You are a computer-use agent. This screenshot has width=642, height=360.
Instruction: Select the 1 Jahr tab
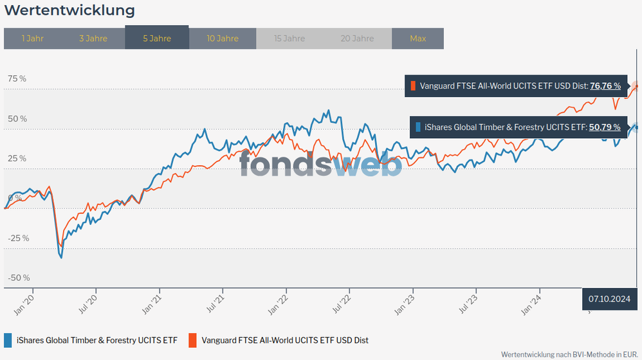(32, 38)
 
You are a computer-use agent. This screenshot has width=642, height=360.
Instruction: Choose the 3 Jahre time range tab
(93, 38)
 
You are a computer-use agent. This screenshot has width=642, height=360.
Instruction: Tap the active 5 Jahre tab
(156, 38)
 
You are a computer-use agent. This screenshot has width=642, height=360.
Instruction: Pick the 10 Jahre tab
(223, 38)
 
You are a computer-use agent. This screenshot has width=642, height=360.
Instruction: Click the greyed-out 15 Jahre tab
(289, 38)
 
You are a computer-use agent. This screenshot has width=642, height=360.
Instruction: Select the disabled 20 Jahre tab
(357, 38)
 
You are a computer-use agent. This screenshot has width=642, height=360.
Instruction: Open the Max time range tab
(417, 38)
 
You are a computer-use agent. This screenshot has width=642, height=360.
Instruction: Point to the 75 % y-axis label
(17, 78)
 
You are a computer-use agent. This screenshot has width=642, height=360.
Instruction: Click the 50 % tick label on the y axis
(17, 118)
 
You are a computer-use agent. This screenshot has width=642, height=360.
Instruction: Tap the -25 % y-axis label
(19, 238)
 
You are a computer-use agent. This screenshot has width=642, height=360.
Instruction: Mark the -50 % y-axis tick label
(19, 278)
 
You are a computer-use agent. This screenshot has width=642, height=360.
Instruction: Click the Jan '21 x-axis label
(152, 303)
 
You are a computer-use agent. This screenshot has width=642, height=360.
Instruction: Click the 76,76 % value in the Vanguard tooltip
(605, 85)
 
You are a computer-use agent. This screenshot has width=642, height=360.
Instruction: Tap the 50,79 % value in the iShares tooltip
(605, 127)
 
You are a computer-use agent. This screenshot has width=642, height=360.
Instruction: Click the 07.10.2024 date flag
(609, 298)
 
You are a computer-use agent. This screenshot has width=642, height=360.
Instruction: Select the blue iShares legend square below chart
(8, 340)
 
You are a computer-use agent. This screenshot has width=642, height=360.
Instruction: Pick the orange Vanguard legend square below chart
(192, 340)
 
